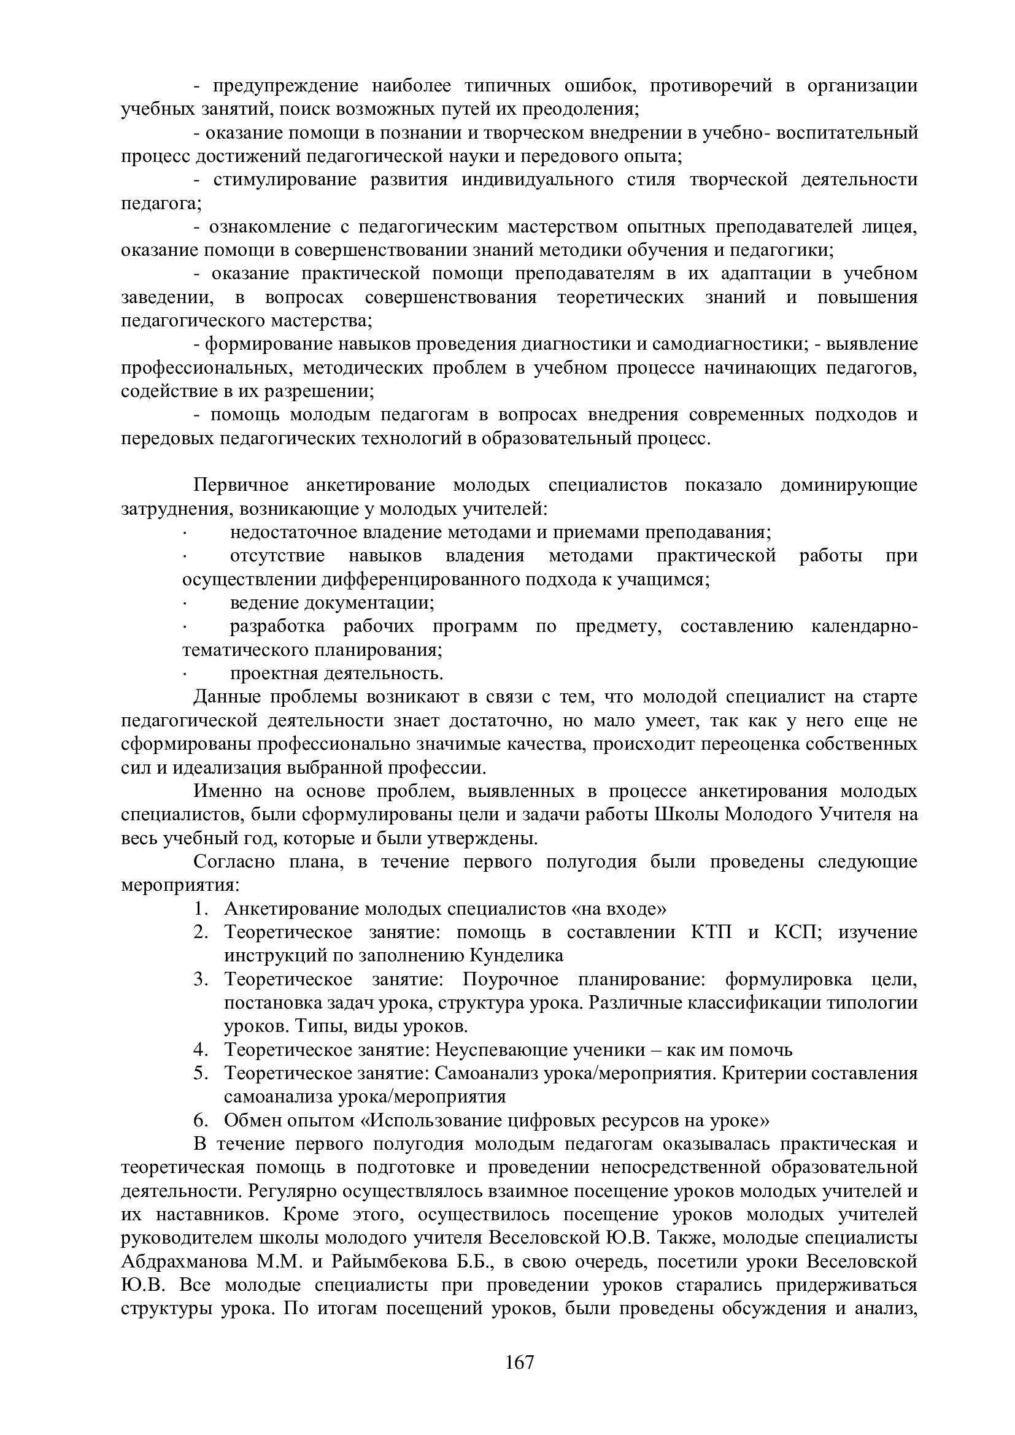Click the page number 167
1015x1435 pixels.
[x=519, y=1362]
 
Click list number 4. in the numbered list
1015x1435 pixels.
[x=200, y=1050]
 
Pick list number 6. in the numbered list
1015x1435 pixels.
[x=200, y=1120]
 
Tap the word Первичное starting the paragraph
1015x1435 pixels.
[x=241, y=486]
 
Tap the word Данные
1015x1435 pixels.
[x=225, y=697]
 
